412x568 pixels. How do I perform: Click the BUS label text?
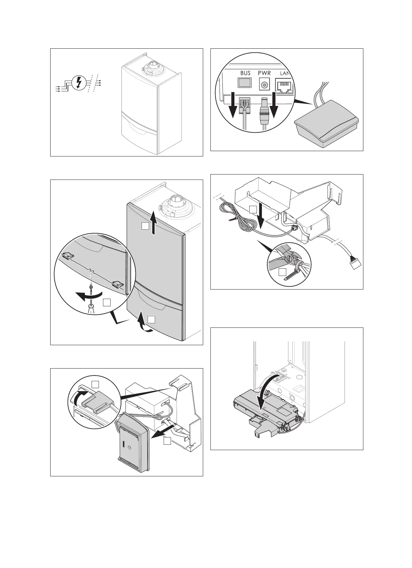click(x=245, y=73)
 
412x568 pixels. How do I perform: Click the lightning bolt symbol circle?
click(x=79, y=83)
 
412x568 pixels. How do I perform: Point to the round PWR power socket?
click(x=264, y=85)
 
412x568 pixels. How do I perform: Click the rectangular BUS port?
click(x=245, y=83)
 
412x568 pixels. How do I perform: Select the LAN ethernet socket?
click(x=285, y=86)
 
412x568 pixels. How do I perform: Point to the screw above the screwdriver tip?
click(x=91, y=287)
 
